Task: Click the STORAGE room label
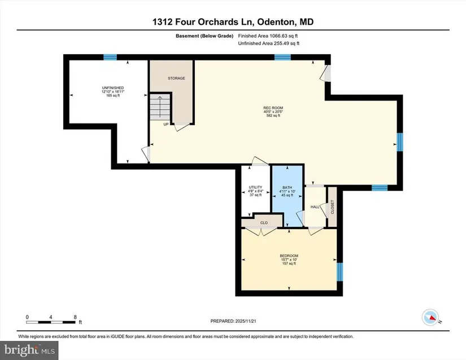pyautogui.click(x=176, y=78)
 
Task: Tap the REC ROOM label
pyautogui.click(x=273, y=108)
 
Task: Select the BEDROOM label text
pyautogui.click(x=289, y=256)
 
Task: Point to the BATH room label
pyautogui.click(x=287, y=187)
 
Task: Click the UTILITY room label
pyautogui.click(x=255, y=187)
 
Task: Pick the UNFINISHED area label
pyautogui.click(x=112, y=88)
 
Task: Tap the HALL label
pyautogui.click(x=315, y=207)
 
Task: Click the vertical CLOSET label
pyautogui.click(x=332, y=207)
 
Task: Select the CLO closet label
pyautogui.click(x=264, y=222)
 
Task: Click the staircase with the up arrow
pyautogui.click(x=160, y=107)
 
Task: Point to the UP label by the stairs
pyautogui.click(x=166, y=124)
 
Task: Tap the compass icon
pyautogui.click(x=430, y=317)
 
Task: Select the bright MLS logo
pyautogui.click(x=29, y=350)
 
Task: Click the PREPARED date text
pyautogui.click(x=233, y=321)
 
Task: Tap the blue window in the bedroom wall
pyautogui.click(x=339, y=272)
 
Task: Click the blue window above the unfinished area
pyautogui.click(x=110, y=58)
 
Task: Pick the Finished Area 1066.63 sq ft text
pyautogui.click(x=268, y=36)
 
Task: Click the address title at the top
pyautogui.click(x=233, y=22)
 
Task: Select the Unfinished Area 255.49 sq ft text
pyautogui.click(x=269, y=43)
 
